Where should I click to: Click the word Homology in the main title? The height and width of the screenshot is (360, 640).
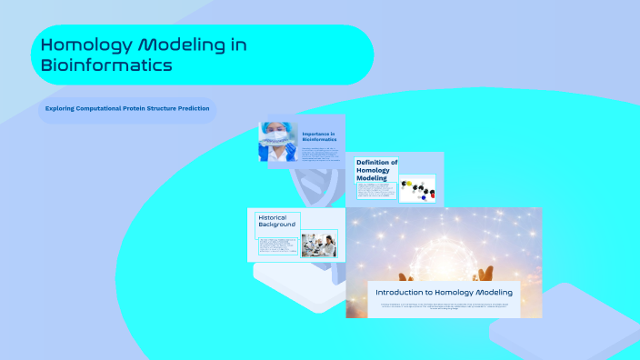point(80,45)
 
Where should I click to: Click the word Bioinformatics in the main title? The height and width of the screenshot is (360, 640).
point(106,65)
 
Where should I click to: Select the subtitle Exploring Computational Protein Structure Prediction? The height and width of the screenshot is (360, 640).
point(127,109)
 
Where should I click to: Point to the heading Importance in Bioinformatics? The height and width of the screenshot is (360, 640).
point(319,136)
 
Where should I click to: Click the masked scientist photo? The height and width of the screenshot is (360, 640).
point(277,142)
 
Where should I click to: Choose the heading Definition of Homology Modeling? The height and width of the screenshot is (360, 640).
point(376,170)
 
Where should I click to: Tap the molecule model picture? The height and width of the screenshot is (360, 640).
point(418,188)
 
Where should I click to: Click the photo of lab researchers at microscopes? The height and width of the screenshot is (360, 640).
point(318,244)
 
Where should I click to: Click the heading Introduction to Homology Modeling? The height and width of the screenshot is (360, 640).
point(444,293)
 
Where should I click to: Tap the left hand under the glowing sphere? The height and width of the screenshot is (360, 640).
point(405,275)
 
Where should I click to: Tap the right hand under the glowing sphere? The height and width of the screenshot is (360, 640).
point(485,272)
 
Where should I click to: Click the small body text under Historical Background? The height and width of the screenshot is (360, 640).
point(275,246)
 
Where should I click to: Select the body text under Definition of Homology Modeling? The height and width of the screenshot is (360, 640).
point(375,192)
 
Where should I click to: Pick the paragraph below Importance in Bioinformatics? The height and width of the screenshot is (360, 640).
point(319,153)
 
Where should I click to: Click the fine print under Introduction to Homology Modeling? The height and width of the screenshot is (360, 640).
point(444,306)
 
